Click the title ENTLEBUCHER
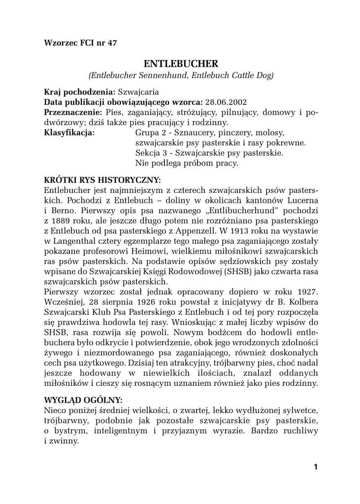180,64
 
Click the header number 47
112,42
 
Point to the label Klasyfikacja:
69,132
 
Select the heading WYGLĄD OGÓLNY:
83,399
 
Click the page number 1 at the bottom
315,467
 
